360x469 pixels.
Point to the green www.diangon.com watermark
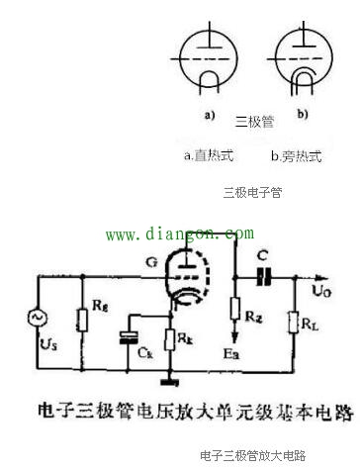point(179,234)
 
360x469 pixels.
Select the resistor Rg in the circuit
point(81,318)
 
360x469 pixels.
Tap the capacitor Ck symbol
point(126,336)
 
